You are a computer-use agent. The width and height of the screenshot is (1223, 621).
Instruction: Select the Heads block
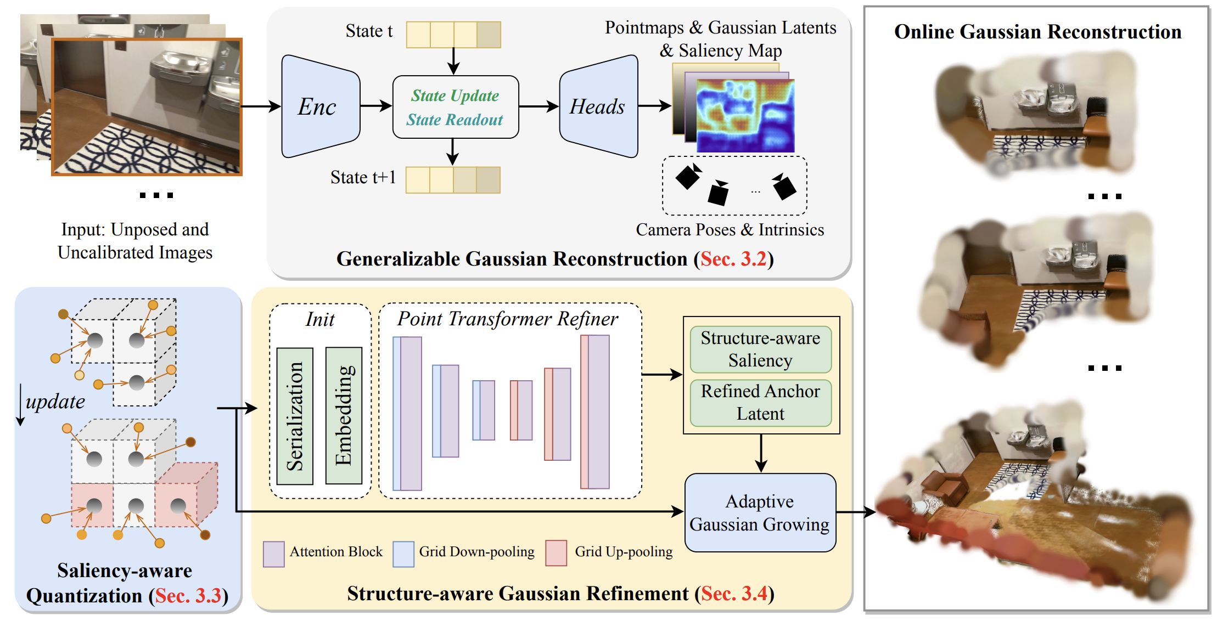click(598, 106)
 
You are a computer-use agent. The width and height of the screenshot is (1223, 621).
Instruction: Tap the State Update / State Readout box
click(455, 107)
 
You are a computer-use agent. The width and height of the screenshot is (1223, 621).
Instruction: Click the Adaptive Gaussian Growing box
click(760, 512)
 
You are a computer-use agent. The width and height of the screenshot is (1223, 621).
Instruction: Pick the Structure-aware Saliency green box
click(760, 349)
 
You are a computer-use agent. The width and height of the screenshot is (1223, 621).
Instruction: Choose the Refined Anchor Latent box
click(760, 403)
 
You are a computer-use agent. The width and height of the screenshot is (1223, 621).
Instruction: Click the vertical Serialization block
click(295, 416)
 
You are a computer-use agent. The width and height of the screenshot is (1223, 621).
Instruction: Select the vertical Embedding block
click(344, 416)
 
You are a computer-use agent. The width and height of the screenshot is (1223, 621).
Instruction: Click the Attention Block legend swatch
click(273, 554)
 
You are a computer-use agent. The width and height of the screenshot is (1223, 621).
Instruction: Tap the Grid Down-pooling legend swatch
click(403, 554)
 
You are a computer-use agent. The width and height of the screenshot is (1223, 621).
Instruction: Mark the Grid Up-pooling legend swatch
click(556, 553)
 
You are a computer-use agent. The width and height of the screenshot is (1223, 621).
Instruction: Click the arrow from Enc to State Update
click(376, 106)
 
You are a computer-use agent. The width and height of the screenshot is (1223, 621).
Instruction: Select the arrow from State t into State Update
click(453, 61)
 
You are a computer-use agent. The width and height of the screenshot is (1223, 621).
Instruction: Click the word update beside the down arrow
click(55, 402)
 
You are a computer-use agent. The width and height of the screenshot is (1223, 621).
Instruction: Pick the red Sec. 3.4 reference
click(734, 594)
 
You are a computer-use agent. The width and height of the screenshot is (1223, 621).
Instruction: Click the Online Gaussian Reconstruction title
click(1037, 32)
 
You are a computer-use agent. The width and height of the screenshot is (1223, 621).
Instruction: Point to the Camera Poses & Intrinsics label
click(730, 230)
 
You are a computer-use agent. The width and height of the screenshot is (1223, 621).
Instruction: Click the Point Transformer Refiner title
click(507, 319)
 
